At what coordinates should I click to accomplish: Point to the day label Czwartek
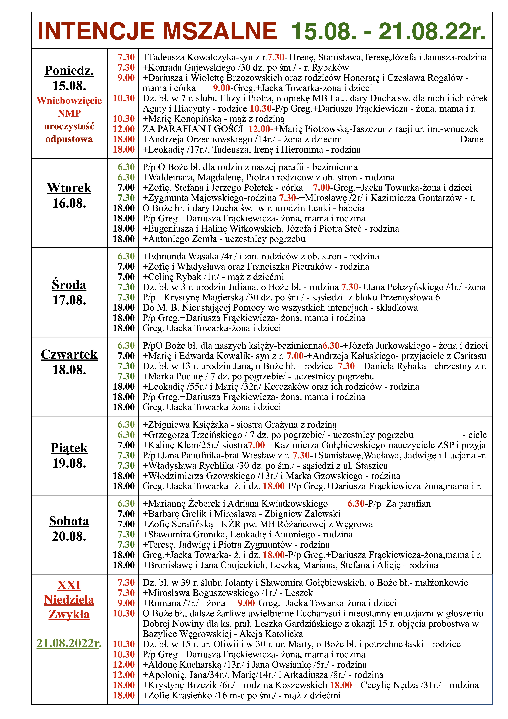point(69,354)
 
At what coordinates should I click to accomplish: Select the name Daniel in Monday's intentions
point(473,139)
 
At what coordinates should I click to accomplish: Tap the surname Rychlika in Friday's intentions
point(214,466)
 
